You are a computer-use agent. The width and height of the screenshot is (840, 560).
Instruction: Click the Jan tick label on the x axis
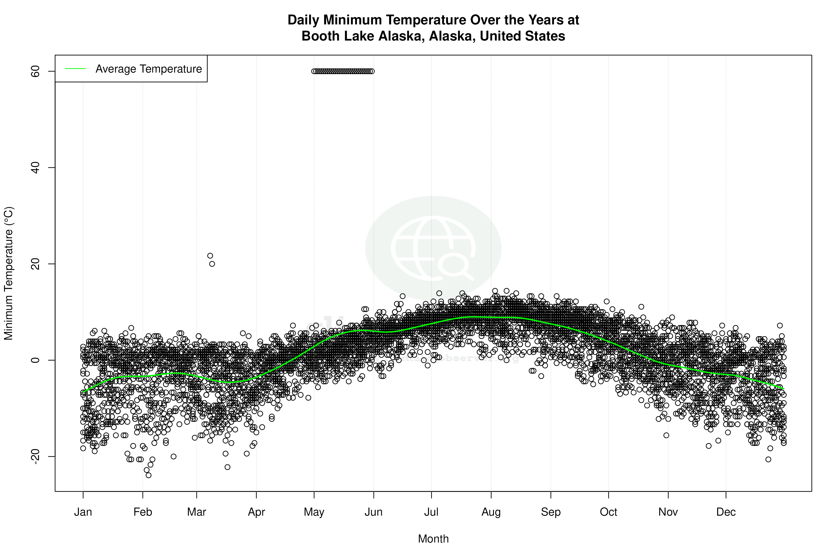83,512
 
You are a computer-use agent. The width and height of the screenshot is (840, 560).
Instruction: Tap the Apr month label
256,512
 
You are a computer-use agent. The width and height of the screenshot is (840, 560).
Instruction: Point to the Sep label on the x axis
551,512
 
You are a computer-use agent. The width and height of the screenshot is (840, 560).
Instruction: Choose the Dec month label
726,512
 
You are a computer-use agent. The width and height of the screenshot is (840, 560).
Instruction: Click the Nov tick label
668,512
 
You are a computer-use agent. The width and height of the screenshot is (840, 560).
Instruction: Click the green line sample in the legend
75,69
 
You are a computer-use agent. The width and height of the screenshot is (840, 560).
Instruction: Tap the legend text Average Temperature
149,69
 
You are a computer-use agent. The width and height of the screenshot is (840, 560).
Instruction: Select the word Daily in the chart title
304,20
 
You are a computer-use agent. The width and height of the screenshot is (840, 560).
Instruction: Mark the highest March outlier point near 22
210,256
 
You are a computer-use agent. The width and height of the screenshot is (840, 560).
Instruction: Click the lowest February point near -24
149,475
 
